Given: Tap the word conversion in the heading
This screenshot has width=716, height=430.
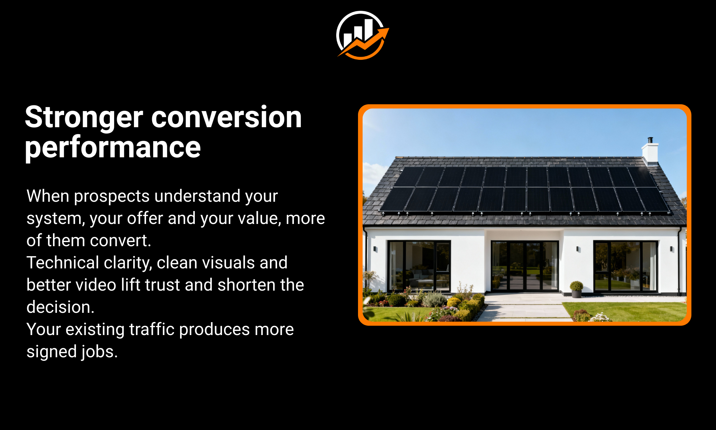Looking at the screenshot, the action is (227, 117).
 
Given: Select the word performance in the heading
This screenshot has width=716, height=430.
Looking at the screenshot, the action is (113, 148).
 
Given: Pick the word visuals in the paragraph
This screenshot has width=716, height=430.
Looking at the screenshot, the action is (226, 263).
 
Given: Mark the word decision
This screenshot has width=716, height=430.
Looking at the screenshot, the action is (60, 307).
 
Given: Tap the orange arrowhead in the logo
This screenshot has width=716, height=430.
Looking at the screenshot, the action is (382, 33).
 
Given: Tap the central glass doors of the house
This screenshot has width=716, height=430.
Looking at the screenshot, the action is (525, 266).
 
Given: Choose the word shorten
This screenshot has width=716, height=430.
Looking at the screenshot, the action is (247, 285).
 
